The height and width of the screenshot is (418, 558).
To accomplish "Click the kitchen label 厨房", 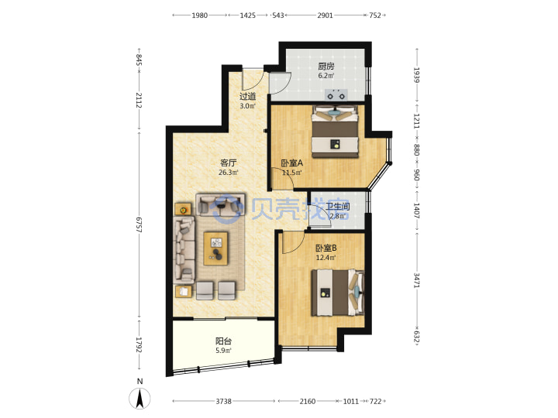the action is tap(326, 66).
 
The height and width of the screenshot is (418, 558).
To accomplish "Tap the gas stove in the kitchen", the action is tap(336, 95).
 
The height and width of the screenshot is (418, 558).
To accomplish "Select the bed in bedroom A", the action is tap(335, 132).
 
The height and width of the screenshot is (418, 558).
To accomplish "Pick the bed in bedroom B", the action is tap(338, 293).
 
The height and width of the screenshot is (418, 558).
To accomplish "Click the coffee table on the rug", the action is tap(215, 248).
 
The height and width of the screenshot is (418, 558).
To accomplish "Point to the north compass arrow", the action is tap(139, 399).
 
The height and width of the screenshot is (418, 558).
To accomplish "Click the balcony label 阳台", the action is tap(223, 341).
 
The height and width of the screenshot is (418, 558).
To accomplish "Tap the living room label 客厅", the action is tap(228, 163).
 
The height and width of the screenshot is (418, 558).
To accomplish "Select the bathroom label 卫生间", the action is tap(338, 207).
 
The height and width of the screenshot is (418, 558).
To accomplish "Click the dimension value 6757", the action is tap(139, 225).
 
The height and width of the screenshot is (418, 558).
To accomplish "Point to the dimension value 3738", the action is tap(223, 401).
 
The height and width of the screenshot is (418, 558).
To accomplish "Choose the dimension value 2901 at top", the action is tap(325, 15).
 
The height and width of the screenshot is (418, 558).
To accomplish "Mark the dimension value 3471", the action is tap(417, 280).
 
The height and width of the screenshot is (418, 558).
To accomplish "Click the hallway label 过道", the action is tap(247, 96).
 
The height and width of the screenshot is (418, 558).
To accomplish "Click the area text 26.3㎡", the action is tap(228, 173).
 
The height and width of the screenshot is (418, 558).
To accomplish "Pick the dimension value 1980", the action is tap(200, 15).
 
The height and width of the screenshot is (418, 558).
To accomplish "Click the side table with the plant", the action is tap(183, 210).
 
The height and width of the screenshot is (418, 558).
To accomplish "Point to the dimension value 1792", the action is tap(139, 345).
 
